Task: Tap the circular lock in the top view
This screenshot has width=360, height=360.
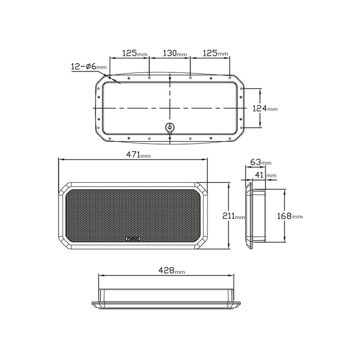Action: (x=169, y=128)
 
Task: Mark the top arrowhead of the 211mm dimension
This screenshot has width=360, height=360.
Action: (x=228, y=184)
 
